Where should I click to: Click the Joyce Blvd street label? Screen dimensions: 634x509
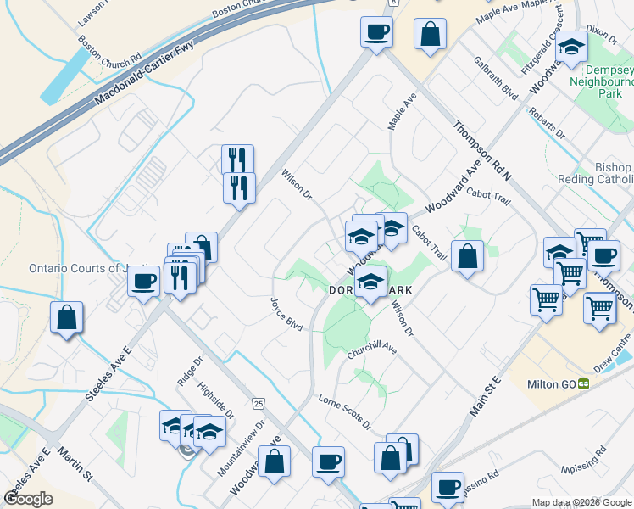pos(286,313)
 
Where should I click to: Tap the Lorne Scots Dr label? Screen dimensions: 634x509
pos(344,411)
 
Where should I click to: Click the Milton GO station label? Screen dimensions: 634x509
pos(552,383)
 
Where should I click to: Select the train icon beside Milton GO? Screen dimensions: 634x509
pos(584,383)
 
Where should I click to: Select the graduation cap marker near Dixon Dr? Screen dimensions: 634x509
pos(571,48)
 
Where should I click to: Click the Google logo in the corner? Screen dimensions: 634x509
pos(29,499)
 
